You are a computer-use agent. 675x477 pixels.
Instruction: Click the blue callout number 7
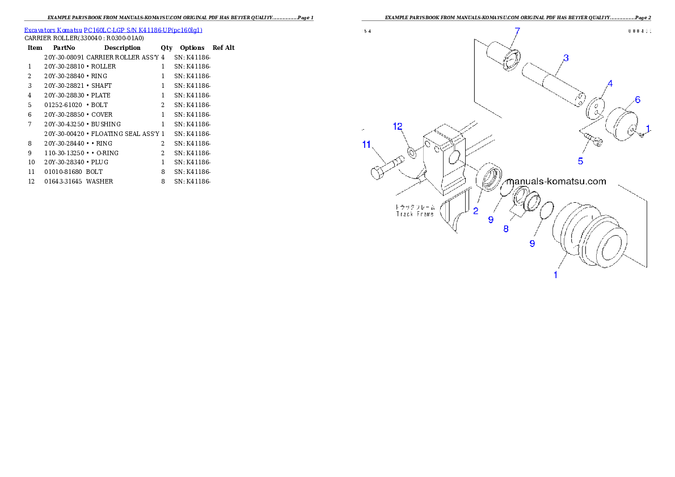point(517,30)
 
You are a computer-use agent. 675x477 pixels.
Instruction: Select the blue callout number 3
point(566,58)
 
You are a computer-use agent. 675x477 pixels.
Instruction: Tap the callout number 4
point(610,83)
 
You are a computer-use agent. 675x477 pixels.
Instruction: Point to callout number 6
point(638,100)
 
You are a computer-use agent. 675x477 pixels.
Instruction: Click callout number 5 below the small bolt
point(580,161)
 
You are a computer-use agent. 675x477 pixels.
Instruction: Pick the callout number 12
point(398,126)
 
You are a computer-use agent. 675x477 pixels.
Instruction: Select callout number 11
point(366,145)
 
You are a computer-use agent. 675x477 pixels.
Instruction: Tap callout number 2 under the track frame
point(475,211)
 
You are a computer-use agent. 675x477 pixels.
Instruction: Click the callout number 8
point(505,229)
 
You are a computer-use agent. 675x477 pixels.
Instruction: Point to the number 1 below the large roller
point(555,275)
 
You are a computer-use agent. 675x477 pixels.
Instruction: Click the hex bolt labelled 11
point(385,169)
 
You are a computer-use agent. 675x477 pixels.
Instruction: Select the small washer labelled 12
point(411,152)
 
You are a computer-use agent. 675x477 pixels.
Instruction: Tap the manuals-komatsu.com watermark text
point(556,182)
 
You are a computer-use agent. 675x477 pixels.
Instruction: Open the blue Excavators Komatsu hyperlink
point(113,29)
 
